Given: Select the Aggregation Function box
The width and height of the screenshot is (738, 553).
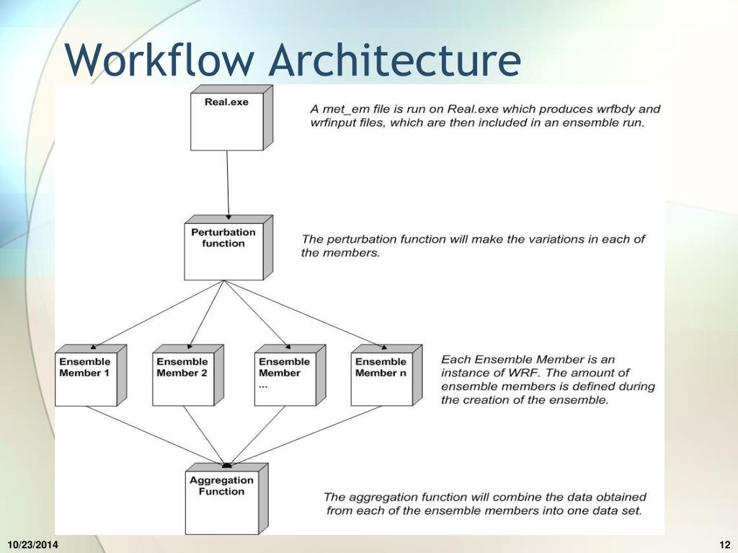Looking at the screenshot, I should pyautogui.click(x=222, y=499).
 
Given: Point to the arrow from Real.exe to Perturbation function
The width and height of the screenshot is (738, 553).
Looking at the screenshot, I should pyautogui.click(x=228, y=184).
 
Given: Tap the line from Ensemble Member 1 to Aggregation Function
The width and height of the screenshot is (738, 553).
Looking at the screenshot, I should pyautogui.click(x=155, y=434).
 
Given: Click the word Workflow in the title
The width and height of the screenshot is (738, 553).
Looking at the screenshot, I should pyautogui.click(x=159, y=60).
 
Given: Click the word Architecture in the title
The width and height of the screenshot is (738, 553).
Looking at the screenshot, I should pyautogui.click(x=394, y=60).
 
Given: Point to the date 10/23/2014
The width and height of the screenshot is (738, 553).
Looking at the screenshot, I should pyautogui.click(x=33, y=544).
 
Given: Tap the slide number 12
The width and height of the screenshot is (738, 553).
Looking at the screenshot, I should pyautogui.click(x=725, y=544).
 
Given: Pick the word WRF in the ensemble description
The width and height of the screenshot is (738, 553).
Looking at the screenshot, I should pyautogui.click(x=523, y=372).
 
